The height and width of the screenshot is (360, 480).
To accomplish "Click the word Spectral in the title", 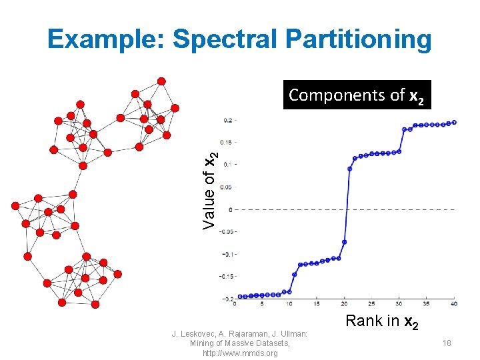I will [x=219, y=40].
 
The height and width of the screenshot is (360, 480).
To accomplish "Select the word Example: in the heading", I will [x=107, y=40].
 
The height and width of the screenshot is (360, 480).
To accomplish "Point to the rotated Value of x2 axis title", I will [x=210, y=191].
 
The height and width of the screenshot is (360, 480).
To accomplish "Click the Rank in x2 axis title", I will [x=381, y=321].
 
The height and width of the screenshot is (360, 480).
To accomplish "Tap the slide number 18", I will [x=447, y=343].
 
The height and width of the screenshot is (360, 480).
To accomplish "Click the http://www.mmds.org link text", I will [x=240, y=353].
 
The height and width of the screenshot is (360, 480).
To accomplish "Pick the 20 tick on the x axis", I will [x=343, y=304].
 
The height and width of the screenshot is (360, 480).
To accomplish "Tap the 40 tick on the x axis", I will [x=453, y=304].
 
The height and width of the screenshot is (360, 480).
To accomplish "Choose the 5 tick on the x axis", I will [x=261, y=304].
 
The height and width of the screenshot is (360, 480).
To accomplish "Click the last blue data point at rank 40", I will [x=454, y=122].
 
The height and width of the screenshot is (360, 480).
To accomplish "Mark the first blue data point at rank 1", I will [x=239, y=297].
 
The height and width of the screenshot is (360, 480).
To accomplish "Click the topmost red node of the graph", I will [x=161, y=81].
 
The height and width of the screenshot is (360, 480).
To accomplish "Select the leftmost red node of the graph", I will [x=15, y=206].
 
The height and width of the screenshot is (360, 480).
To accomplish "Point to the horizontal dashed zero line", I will [x=400, y=209].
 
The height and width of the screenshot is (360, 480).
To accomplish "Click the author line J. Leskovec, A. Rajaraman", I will [x=239, y=333].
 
